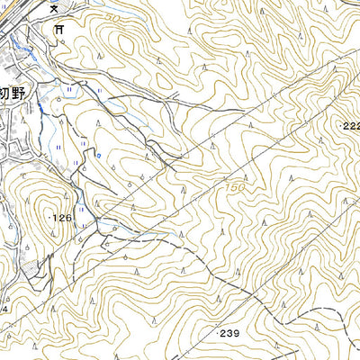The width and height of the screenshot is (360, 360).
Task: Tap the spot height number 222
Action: [x=351, y=127]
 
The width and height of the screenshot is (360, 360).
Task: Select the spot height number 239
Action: [x=229, y=333]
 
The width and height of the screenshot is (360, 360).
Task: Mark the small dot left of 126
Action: [x=47, y=217]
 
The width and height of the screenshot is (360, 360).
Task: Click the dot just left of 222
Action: [x=339, y=127]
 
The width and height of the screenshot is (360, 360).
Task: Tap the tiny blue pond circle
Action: [x=93, y=155]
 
